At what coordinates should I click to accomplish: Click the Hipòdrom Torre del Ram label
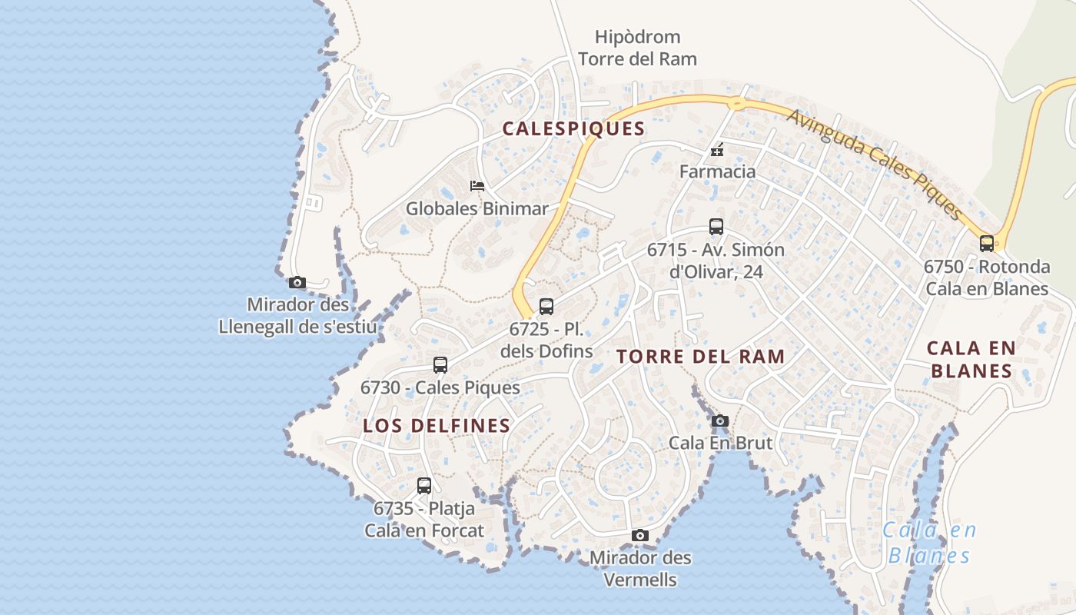tap(637, 48)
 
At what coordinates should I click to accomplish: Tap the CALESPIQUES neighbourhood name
tap(573, 129)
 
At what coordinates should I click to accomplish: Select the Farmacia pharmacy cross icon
tap(717, 150)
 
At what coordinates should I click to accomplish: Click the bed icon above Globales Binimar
tap(477, 186)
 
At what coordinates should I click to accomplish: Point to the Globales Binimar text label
tap(477, 208)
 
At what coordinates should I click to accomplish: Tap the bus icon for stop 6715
tap(716, 227)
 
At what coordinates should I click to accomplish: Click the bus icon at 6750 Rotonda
tap(986, 244)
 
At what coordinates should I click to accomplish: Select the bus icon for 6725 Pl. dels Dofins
tap(546, 307)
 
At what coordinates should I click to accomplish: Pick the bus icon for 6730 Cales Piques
tap(440, 365)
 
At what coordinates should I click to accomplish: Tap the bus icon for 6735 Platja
tap(423, 486)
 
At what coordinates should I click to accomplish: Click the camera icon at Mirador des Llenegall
tap(297, 283)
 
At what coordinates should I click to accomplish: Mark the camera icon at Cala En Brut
tap(719, 421)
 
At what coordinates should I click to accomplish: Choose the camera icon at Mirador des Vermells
tap(639, 536)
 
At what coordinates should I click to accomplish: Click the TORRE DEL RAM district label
tap(700, 357)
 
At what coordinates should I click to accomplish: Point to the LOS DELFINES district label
tap(437, 426)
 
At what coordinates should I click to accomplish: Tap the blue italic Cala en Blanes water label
tap(929, 543)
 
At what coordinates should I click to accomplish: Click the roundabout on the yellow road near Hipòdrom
tap(736, 102)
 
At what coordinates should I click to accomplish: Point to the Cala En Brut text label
tap(720, 443)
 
